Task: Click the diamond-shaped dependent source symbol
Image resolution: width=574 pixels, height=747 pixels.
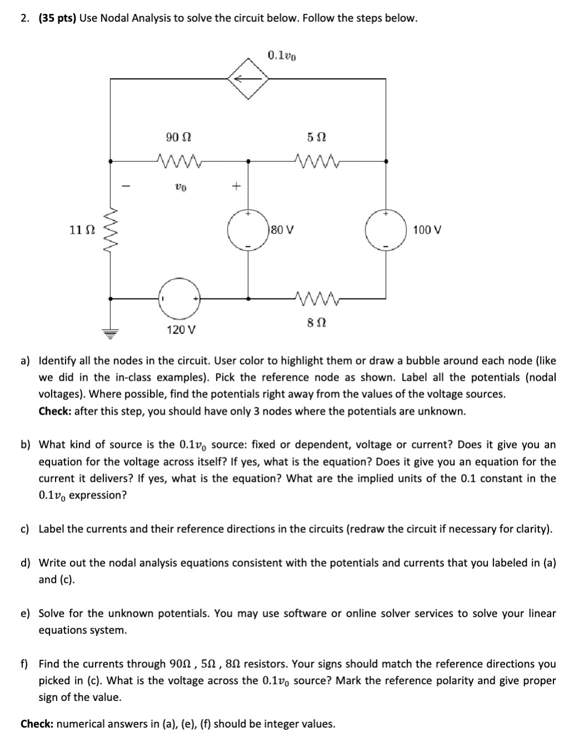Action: tap(248, 79)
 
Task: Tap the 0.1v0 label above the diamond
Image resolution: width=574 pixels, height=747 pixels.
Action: tap(281, 55)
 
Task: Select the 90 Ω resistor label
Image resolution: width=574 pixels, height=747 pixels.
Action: tap(179, 137)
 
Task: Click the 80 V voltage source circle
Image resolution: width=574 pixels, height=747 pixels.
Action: tap(248, 229)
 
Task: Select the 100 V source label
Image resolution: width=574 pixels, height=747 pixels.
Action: tap(427, 229)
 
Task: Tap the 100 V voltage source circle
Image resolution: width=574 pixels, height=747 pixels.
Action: tap(385, 229)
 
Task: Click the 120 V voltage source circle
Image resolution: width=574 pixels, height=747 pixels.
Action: tap(179, 299)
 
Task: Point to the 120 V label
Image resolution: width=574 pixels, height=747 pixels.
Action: tap(181, 330)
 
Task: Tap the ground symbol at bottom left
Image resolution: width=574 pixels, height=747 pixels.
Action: tap(110, 333)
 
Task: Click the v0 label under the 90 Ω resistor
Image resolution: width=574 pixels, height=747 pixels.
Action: tap(180, 188)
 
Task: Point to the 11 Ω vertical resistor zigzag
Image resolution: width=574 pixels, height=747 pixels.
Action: tap(110, 229)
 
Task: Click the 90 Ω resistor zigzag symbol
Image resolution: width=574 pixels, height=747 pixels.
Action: tap(179, 161)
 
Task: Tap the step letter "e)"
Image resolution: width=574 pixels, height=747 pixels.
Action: tap(26, 613)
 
